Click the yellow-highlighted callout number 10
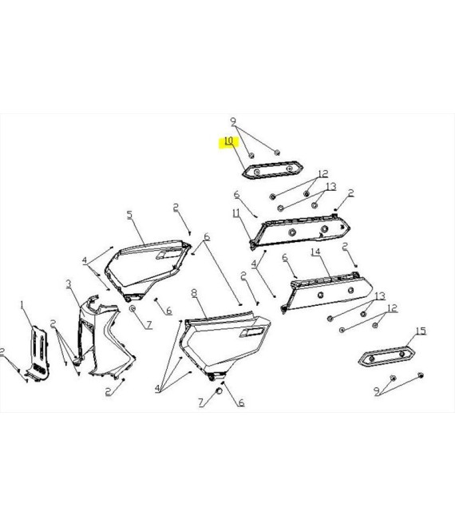click(228, 141)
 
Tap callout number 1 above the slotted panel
click(22, 305)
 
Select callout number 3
click(69, 284)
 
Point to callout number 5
click(129, 215)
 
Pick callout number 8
click(194, 293)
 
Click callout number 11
click(236, 212)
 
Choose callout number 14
click(315, 252)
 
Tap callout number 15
click(421, 331)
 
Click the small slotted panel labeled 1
click(38, 353)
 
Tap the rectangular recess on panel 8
click(251, 332)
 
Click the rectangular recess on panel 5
click(168, 255)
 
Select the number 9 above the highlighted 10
click(233, 121)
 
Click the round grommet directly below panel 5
click(133, 308)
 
